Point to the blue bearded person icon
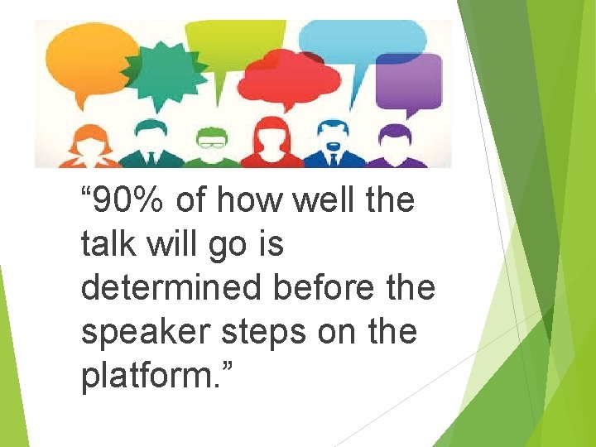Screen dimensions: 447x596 pyautogui.click(x=332, y=144)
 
